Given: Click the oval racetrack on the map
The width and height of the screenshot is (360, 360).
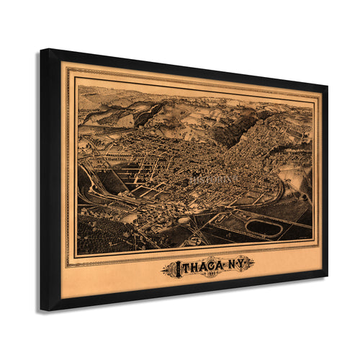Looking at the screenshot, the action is pos(264,228).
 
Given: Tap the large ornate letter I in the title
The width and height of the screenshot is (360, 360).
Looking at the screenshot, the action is pos(171,269).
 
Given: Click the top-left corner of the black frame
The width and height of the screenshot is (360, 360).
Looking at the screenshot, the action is pos(42,50).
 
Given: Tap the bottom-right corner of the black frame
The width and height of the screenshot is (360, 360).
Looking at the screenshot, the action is pos(326,274).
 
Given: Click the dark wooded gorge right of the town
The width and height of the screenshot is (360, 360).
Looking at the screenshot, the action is pos(245,137).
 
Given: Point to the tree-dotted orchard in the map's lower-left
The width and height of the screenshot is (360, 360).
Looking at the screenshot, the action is pos(97,234).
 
